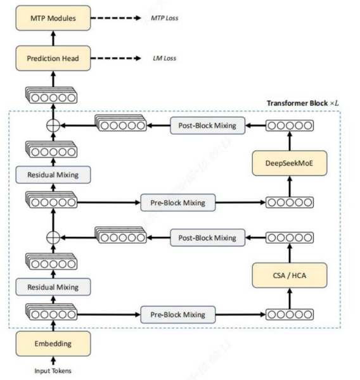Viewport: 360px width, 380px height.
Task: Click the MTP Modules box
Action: (x=53, y=18)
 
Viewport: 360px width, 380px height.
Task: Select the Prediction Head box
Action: (x=53, y=58)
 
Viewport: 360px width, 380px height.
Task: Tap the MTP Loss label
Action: (x=165, y=18)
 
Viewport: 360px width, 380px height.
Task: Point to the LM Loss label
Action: (x=165, y=58)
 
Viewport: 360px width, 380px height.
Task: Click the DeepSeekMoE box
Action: (x=290, y=163)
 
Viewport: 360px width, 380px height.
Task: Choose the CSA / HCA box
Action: (x=290, y=275)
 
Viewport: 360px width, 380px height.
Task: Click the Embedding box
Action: (x=53, y=344)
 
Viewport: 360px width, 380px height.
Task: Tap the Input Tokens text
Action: (x=53, y=370)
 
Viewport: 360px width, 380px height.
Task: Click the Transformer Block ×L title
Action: (x=303, y=103)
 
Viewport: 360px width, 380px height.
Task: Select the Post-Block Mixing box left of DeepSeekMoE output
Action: (x=208, y=125)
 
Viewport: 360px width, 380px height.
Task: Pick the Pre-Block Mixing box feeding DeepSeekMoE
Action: (x=178, y=203)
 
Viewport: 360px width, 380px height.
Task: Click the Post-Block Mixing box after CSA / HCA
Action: (x=208, y=237)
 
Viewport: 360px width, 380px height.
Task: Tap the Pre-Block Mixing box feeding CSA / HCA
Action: (x=178, y=315)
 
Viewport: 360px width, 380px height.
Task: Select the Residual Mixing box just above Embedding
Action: (x=53, y=287)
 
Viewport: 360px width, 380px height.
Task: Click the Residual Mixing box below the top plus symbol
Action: (x=53, y=175)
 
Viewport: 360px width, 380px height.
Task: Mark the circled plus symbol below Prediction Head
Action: (x=53, y=125)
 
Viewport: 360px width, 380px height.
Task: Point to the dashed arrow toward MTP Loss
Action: (x=116, y=18)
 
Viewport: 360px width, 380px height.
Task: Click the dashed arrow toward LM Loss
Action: (x=116, y=58)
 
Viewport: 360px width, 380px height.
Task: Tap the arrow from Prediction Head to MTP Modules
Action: (x=53, y=38)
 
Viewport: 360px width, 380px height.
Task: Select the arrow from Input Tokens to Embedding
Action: (x=53, y=360)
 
